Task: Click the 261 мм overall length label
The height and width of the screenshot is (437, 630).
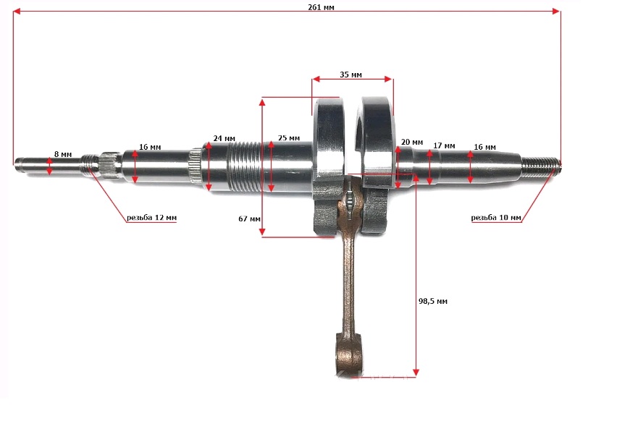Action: coord(321,7)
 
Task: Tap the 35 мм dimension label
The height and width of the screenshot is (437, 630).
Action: coord(350,75)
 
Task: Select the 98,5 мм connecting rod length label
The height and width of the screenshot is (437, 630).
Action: coord(433,301)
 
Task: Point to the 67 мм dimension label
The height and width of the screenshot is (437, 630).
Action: coord(249,218)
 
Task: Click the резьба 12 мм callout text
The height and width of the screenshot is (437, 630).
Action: coord(151,218)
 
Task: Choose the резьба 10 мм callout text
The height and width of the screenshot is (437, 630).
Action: coord(496,218)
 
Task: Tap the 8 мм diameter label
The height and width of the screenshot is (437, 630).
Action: coord(63,154)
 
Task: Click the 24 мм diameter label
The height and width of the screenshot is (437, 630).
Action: coord(224,138)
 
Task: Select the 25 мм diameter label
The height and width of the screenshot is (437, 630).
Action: coord(289,138)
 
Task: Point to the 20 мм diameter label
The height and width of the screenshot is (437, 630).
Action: coord(412,142)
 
